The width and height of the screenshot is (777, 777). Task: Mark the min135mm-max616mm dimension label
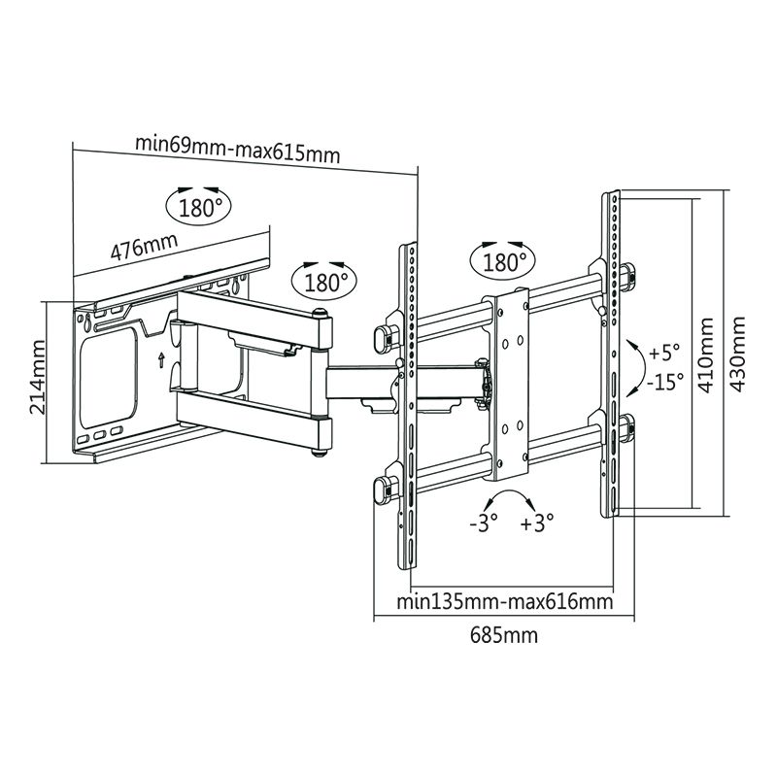[x=504, y=601]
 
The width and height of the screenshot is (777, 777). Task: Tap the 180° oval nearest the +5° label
[x=502, y=260]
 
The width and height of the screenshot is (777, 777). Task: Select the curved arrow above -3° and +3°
[x=510, y=501]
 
